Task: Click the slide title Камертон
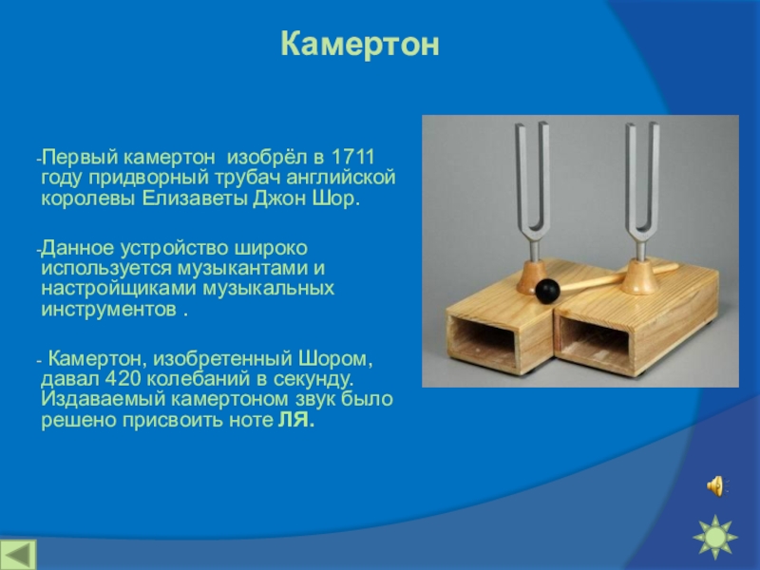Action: tap(360, 44)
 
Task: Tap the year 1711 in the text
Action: tap(352, 157)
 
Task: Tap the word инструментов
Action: tap(109, 310)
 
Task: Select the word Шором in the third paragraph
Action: tap(335, 359)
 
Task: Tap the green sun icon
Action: tap(715, 538)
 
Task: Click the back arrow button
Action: tap(18, 554)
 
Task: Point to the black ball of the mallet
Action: tap(547, 292)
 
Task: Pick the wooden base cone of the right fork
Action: tap(639, 277)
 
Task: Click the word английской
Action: tap(341, 178)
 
